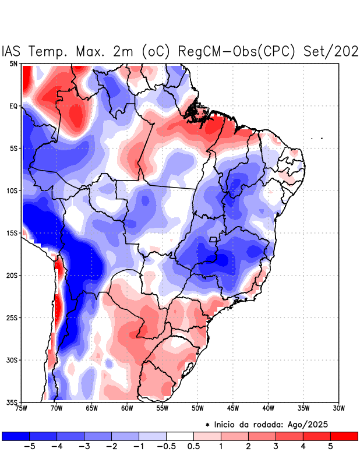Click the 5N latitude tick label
13,63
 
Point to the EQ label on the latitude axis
13,106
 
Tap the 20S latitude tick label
12,276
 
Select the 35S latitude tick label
12,402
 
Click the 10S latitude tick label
12,190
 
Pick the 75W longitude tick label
22,408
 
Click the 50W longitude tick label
197,408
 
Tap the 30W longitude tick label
339,408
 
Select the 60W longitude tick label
127,408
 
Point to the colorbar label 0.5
194,447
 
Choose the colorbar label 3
276,447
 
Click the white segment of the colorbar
180,436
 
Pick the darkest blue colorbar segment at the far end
16,436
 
